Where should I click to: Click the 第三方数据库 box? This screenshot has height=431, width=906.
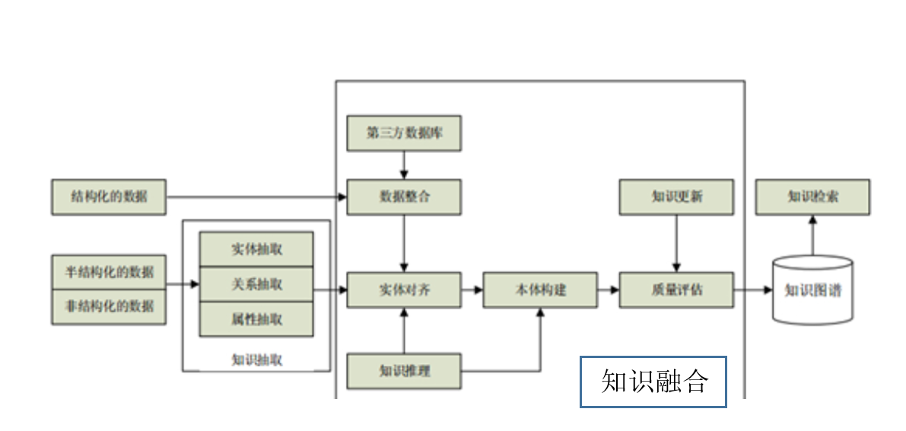click(x=404, y=133)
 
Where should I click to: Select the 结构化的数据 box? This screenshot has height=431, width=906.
click(x=109, y=198)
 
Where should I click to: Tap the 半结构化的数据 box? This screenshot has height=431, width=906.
click(x=109, y=272)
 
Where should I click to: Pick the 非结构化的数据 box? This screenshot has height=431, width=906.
click(x=109, y=307)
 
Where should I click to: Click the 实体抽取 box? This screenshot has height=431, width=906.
click(x=256, y=249)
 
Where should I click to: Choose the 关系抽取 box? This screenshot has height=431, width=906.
click(x=256, y=284)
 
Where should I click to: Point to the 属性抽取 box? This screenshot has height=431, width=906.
click(x=256, y=319)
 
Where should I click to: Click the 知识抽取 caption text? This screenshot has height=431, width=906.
click(x=256, y=360)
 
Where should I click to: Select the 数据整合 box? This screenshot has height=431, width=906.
click(x=404, y=196)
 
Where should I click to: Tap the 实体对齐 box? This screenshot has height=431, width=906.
click(x=404, y=290)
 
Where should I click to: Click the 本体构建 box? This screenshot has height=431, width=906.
click(x=540, y=290)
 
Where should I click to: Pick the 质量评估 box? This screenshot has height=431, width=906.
click(x=676, y=290)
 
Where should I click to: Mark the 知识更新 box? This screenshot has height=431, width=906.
click(x=676, y=197)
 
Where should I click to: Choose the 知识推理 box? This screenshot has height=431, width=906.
click(x=404, y=371)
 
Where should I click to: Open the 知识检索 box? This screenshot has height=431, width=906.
click(x=812, y=197)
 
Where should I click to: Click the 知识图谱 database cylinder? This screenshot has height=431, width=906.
click(x=812, y=290)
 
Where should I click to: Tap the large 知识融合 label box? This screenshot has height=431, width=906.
click(x=653, y=382)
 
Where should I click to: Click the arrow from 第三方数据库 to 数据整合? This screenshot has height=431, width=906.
click(x=404, y=164)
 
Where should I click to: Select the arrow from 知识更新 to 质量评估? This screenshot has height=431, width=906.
click(x=676, y=243)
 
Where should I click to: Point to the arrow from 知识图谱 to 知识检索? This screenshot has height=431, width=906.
click(x=812, y=235)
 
